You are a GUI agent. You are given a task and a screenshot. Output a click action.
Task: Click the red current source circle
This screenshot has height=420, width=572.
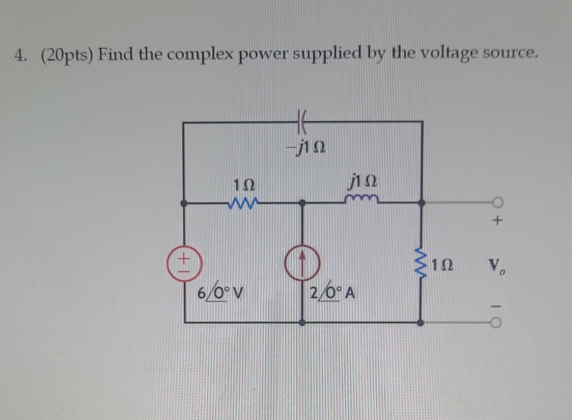tap(303, 263)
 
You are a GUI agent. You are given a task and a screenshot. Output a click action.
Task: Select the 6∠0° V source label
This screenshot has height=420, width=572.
tap(219, 292)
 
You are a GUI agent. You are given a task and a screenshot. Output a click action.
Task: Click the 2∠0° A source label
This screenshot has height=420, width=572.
tap(332, 292)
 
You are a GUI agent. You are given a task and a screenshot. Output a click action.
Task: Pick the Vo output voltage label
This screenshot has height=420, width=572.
tap(496, 267)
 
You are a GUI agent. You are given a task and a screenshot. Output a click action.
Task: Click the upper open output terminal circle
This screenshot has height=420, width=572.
tap(497, 202)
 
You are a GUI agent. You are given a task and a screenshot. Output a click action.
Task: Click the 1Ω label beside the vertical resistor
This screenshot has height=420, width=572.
tap(442, 265)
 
